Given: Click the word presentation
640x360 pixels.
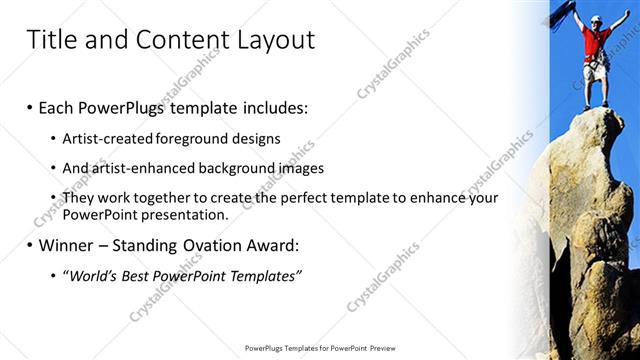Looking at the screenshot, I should pos(185,214).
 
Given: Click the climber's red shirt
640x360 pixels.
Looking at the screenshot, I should pos(597,44).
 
